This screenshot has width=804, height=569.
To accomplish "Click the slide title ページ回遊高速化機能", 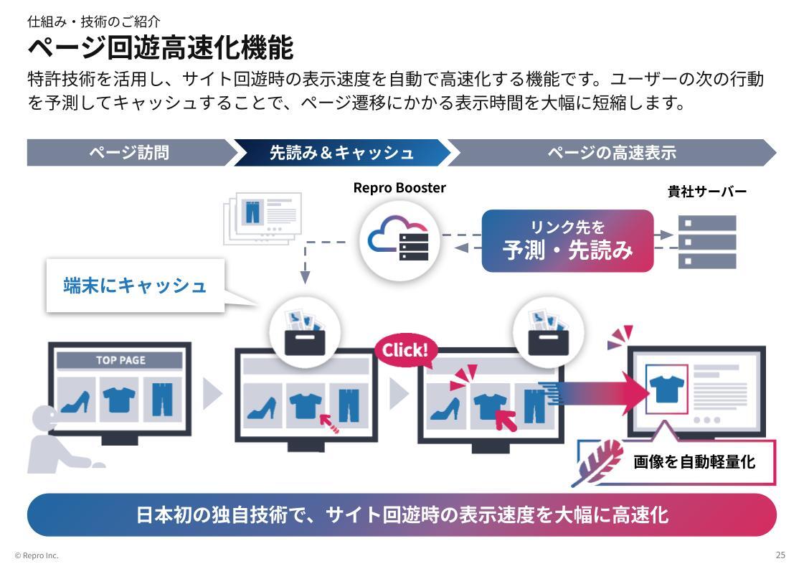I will (160, 48).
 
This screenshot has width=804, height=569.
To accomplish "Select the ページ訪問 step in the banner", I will (129, 153).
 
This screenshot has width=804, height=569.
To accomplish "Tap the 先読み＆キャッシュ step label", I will (341, 153).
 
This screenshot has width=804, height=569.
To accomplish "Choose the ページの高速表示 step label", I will (611, 153).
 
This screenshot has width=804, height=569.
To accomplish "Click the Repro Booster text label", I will (399, 188).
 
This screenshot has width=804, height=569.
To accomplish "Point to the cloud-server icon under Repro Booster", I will (399, 241).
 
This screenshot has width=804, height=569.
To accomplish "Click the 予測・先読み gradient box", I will (567, 241).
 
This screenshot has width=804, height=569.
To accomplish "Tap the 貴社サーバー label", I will (706, 192).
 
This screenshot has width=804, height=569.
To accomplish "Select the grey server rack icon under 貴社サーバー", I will (706, 242).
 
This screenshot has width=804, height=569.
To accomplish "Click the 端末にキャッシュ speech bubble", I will (135, 286).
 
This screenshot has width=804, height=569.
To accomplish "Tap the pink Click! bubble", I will (405, 350).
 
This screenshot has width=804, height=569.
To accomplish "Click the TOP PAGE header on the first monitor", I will (120, 360).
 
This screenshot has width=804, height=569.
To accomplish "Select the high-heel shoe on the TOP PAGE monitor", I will (76, 402).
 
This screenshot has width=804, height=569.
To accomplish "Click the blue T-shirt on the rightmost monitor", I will (666, 390).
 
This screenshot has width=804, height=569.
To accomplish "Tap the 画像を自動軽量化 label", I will (694, 462).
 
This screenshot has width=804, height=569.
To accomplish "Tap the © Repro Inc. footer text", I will (37, 555).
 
